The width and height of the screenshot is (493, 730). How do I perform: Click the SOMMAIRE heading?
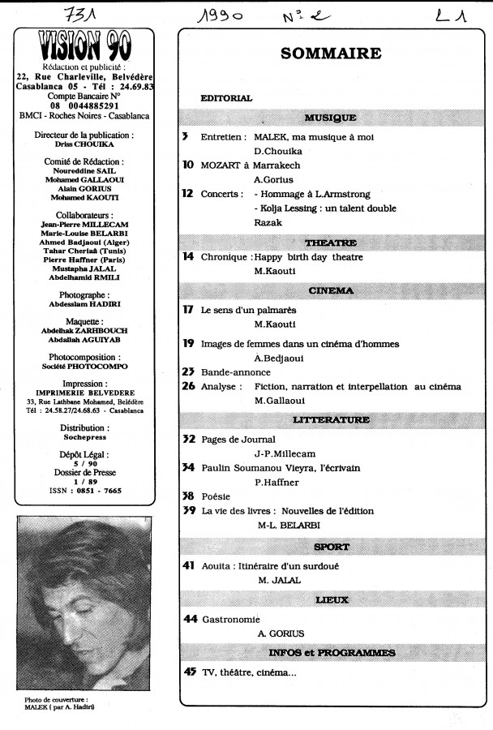[x=330, y=54]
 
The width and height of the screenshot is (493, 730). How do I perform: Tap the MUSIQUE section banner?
[x=330, y=118]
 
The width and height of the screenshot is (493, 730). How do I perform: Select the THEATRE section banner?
[x=330, y=243]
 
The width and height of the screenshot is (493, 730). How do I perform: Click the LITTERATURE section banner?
[x=330, y=420]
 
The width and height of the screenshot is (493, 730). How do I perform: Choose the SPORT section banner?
[x=330, y=547]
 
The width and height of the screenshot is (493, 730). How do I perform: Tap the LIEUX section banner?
[x=330, y=600]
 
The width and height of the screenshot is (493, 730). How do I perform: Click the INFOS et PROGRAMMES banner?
[x=330, y=653]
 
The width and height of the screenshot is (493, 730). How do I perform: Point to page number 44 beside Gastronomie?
[x=191, y=619]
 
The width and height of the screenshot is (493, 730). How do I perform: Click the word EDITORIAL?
[x=226, y=98]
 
